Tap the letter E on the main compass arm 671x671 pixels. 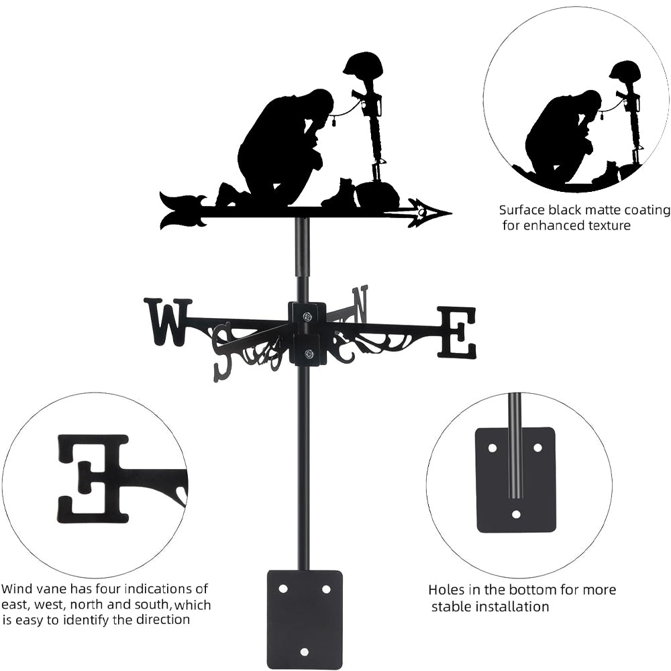point(457,332)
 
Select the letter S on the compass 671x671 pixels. point(222,352)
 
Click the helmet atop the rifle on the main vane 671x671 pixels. point(362,66)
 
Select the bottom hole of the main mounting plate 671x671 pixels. point(305,652)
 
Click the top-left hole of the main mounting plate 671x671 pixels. point(283,588)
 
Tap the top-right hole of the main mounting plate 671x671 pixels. point(326,588)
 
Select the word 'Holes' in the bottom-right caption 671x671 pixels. point(446,590)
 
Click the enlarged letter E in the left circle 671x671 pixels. point(94,478)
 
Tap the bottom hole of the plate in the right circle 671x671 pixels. point(516,514)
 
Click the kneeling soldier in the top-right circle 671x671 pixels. point(564,134)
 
